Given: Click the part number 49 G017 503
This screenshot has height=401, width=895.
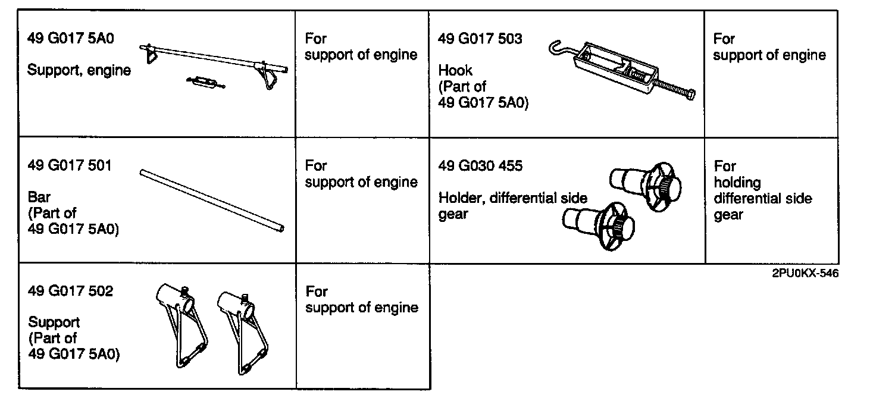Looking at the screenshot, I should point(480,39).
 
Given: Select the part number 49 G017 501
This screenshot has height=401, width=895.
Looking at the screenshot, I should point(70,165).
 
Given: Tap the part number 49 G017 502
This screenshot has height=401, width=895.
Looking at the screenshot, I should point(70,292).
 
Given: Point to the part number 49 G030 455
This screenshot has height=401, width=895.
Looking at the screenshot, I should point(480,166).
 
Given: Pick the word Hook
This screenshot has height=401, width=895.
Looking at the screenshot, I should point(455,71).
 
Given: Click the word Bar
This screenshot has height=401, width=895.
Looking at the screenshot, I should point(39,196).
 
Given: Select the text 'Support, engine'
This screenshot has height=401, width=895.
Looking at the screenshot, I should point(79,70).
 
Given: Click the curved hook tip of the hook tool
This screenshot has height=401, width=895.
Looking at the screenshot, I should point(555,46).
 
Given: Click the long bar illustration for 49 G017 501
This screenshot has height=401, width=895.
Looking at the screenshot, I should point(212,200).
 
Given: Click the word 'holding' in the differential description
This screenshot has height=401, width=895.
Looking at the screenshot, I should point(737,182).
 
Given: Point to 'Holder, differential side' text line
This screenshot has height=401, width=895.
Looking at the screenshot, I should point(512,198).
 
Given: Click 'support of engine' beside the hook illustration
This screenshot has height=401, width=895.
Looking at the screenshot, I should point(769,55).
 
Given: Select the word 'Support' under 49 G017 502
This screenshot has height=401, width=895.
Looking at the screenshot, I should point(54,322).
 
